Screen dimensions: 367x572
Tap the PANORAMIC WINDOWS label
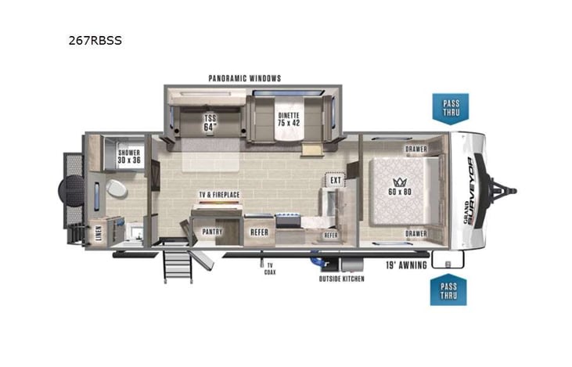point(245,78)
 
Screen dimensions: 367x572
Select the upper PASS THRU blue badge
point(451,108)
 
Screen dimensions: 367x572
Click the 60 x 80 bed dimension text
point(399,190)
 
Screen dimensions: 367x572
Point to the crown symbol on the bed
point(399,178)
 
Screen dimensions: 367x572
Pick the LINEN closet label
point(97,234)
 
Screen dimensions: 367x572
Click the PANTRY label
point(212,232)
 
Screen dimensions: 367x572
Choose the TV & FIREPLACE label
point(219,194)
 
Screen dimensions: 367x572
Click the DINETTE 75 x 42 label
point(289,119)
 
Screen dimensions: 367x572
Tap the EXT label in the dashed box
point(335,181)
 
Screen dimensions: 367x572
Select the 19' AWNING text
point(405,265)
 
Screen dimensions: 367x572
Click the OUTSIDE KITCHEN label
point(341,279)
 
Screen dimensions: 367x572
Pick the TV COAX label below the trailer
point(268,269)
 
